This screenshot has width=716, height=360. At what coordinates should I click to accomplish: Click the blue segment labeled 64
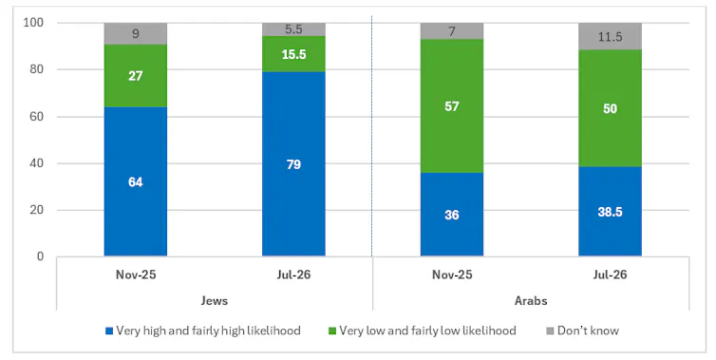point(136,181)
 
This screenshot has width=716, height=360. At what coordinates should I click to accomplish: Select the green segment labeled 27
point(136,75)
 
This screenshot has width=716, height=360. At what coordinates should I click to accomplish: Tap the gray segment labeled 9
point(136,33)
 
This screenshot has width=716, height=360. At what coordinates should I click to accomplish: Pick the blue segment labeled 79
point(293,164)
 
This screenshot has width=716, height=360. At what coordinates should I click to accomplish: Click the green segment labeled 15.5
point(293,54)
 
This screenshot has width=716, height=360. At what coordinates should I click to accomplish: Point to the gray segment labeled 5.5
point(293,29)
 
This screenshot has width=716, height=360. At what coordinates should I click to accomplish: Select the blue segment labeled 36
point(452,215)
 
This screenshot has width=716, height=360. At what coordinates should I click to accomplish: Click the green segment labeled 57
point(452,106)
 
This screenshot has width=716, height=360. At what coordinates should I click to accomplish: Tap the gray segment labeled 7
point(452,31)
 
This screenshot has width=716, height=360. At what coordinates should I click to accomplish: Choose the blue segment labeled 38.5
point(610,212)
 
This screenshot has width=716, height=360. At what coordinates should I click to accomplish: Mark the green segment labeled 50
point(610,108)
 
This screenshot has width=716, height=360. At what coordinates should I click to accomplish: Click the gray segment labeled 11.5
point(610,36)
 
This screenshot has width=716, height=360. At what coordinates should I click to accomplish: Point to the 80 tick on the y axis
point(36,69)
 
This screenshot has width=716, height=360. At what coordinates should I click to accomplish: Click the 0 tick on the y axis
point(40,256)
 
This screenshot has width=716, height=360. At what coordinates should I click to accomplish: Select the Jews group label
point(215,300)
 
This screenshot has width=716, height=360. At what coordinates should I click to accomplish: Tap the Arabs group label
point(531,300)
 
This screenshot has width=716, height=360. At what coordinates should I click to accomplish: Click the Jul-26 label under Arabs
point(610,275)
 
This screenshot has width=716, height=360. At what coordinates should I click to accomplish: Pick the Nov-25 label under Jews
point(136,275)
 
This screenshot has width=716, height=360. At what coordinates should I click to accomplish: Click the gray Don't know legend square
point(550,331)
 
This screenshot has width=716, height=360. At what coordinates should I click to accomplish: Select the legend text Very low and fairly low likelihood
point(427,331)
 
